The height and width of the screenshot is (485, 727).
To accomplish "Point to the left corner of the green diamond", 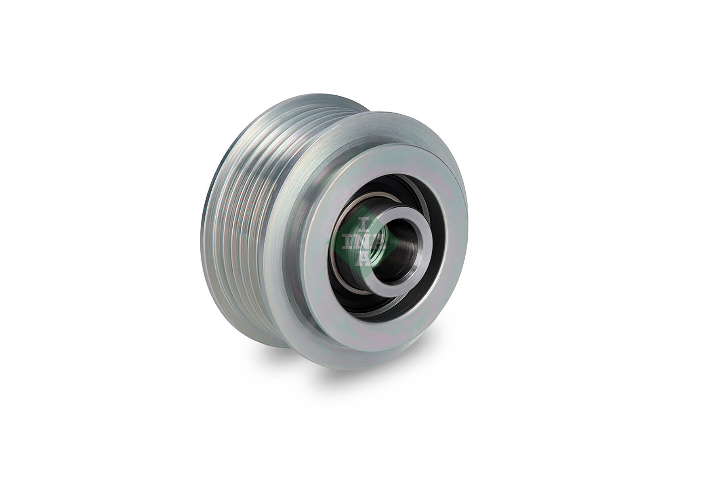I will coord(326,241).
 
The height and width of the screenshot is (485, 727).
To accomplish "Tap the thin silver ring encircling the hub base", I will coord(343,263).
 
